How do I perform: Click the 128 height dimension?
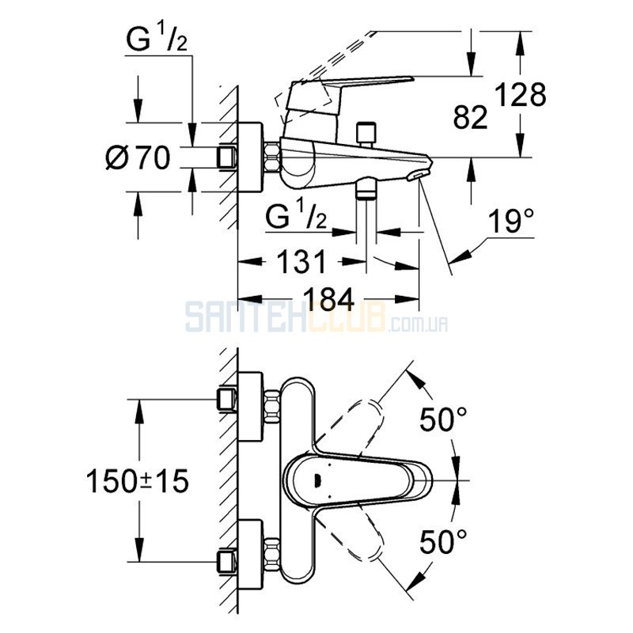521,95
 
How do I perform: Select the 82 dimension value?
470,117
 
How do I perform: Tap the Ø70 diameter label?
138,157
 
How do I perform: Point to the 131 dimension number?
302,262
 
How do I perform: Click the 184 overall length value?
329,299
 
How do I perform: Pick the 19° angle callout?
511,221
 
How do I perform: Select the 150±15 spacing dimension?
138,481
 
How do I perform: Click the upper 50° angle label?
443,419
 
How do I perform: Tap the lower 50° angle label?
443,541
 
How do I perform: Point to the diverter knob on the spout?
366,133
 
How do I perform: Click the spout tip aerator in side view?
417,176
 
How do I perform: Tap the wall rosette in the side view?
250,157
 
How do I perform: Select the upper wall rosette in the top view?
250,406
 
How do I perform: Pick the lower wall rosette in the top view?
250,555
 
